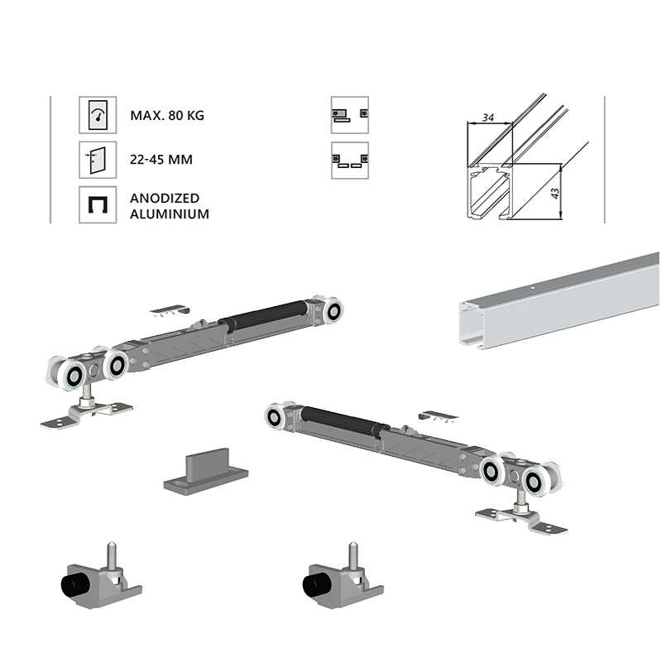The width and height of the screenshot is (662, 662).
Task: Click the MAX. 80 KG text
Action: [167, 115]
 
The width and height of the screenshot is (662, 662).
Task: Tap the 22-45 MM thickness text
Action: [161, 160]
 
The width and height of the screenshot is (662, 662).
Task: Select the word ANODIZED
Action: [165, 198]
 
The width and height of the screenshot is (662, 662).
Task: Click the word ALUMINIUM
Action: [170, 214]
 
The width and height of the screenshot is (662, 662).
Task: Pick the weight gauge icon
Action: [98, 115]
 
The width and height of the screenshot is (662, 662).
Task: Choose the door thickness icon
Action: [98, 160]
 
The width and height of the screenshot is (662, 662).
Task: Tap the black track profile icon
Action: [98, 204]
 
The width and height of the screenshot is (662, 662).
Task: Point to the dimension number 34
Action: [487, 118]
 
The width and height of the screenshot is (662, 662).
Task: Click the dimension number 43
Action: [555, 194]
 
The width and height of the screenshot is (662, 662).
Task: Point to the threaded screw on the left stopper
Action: [111, 555]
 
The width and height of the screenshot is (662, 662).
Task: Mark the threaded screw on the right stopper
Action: [353, 555]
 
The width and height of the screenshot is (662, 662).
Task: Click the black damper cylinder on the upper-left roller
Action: [265, 314]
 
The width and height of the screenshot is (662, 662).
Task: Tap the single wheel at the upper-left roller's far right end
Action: [333, 312]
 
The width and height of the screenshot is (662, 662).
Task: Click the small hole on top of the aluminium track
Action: [533, 288]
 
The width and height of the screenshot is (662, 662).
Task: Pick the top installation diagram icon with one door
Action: [349, 115]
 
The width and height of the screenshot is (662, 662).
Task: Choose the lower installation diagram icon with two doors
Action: [349, 161]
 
